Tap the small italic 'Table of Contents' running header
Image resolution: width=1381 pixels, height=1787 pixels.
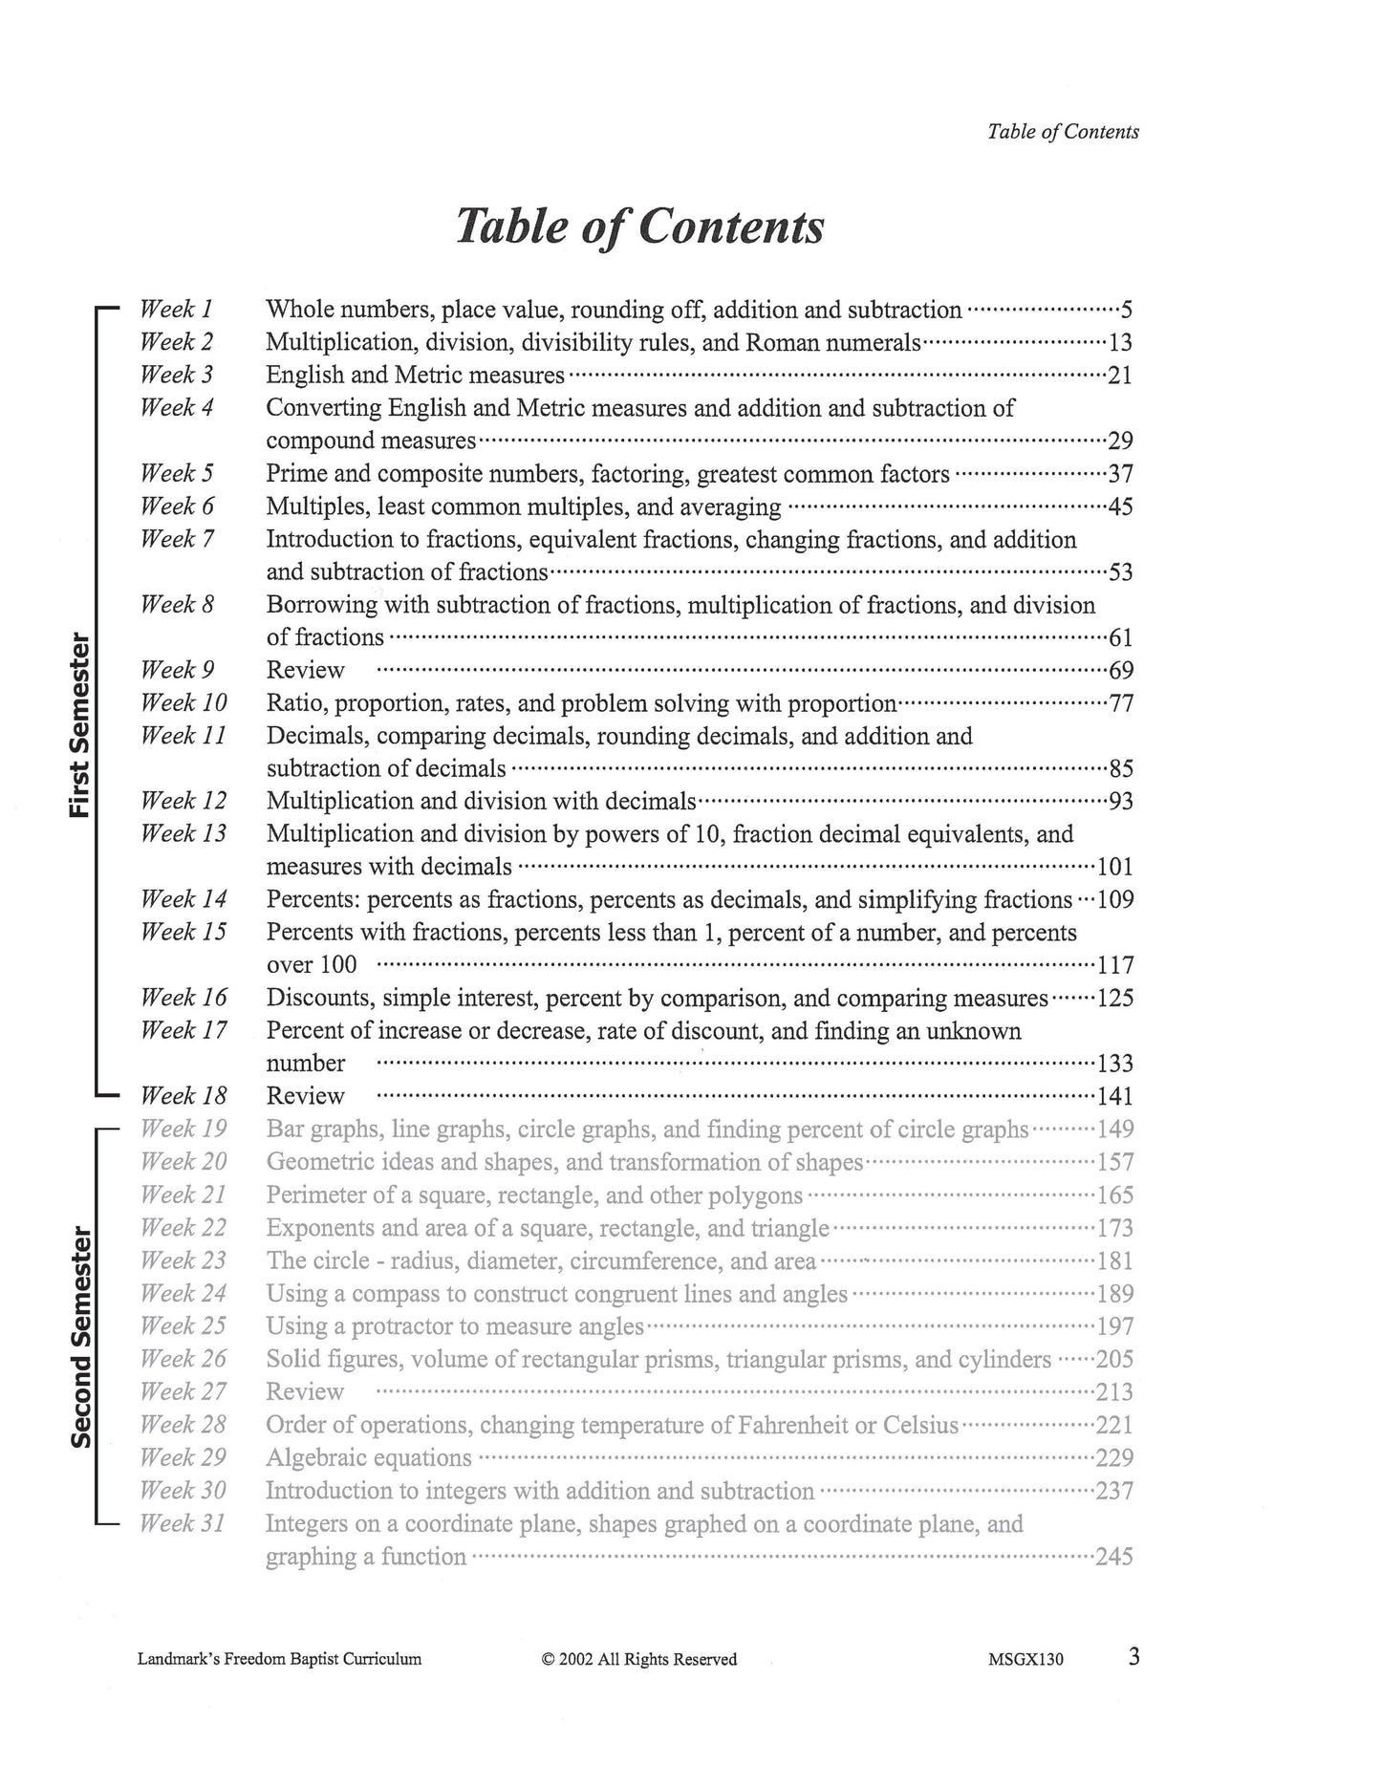point(1063,133)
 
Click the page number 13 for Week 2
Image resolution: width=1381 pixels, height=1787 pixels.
point(1120,343)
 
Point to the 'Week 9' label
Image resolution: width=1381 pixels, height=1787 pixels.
point(177,669)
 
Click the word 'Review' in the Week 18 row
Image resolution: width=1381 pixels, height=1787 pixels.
point(305,1096)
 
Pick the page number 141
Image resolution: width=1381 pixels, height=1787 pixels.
point(1114,1097)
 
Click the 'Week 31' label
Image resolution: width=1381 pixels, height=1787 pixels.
point(183,1523)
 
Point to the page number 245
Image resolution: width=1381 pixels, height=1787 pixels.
point(1114,1557)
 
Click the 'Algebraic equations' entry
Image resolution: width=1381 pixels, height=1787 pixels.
point(369,1458)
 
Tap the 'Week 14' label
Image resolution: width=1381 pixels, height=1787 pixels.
point(183,898)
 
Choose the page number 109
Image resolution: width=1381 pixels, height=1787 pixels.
point(1115,900)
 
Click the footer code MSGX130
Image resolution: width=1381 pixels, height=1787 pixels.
point(1025,1660)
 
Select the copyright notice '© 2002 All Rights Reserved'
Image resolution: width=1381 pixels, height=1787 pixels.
point(639,1660)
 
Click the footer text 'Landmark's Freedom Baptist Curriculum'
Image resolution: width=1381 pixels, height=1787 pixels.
point(279,1660)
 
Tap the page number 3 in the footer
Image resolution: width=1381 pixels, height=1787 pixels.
point(1133,1657)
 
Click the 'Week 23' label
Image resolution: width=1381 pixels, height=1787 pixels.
point(183,1260)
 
